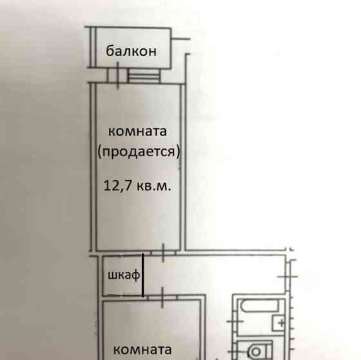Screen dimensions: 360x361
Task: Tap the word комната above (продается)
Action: click(138, 132)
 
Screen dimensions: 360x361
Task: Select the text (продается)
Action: click(138, 153)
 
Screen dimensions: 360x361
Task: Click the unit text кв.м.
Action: click(154, 186)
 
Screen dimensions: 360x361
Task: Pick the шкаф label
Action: click(122, 275)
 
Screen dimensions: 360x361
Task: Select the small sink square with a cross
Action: click(280, 323)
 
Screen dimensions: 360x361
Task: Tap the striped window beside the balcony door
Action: click(146, 76)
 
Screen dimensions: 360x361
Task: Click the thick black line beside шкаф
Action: click(143, 275)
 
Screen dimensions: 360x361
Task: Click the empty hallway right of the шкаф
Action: click(213, 274)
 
